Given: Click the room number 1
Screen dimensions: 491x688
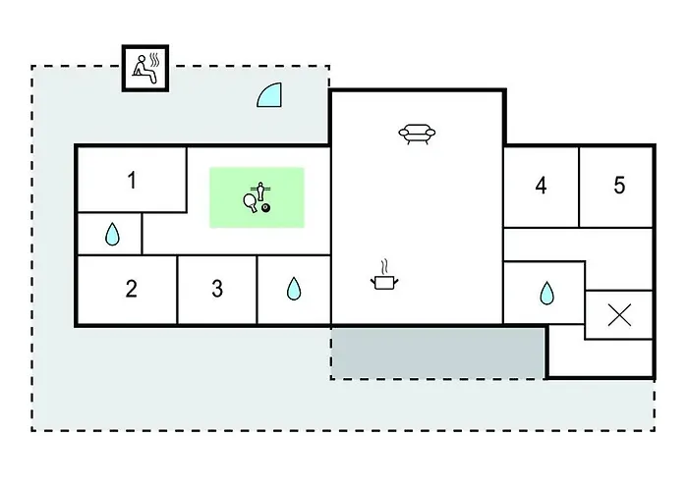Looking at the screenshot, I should (132, 180).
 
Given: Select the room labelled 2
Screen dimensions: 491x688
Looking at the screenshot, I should (132, 289).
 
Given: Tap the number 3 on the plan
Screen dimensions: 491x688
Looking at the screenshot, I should (217, 289).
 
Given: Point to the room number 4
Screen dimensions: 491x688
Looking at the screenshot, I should (541, 186).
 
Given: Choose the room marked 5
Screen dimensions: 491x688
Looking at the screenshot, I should (619, 186).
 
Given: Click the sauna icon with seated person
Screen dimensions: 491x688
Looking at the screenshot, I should (144, 68).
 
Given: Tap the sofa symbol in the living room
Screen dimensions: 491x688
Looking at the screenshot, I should (418, 135).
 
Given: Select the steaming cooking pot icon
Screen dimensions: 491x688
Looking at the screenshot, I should (384, 283).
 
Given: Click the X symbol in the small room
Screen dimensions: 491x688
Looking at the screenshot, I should (619, 314).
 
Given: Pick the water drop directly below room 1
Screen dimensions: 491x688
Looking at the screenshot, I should (112, 234).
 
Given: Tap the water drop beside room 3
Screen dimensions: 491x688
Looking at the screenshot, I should (293, 289).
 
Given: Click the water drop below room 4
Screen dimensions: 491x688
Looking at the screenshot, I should (546, 293).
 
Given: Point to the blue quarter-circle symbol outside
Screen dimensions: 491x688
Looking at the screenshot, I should (271, 94).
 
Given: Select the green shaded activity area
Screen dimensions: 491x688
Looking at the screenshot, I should (257, 197).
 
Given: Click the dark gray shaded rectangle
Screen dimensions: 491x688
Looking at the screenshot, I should (438, 353).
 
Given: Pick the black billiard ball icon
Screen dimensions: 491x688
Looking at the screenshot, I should (265, 208).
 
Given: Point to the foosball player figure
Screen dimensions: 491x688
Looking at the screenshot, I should (261, 191).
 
